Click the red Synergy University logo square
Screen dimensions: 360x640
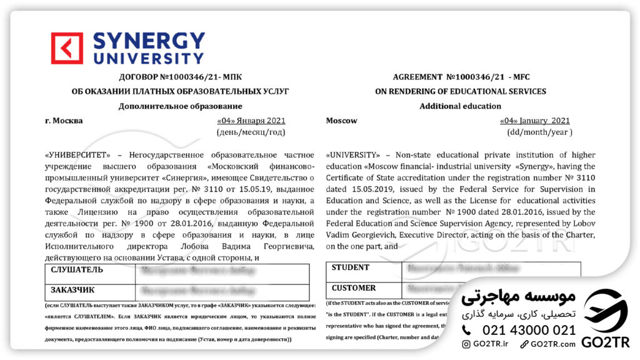tap(67, 49)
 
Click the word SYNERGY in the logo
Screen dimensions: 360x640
tap(149, 41)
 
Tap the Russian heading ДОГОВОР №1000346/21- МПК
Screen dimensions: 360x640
tap(181, 77)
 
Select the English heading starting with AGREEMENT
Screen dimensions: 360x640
tap(461, 77)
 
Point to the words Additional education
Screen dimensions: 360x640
tap(461, 106)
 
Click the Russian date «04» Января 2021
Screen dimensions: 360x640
tap(251, 121)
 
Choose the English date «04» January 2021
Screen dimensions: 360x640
tap(534, 121)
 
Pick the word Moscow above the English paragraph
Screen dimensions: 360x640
tap(342, 121)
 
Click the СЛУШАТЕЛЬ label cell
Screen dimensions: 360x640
tap(91, 270)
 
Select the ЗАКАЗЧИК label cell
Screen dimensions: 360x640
tap(91, 290)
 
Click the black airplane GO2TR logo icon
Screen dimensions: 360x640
tap(605, 311)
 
